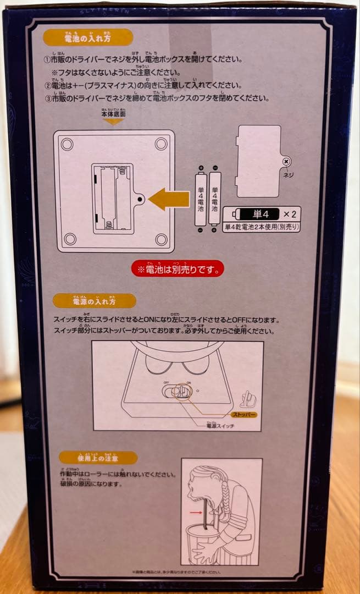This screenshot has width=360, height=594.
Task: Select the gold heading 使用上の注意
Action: tap(99, 458)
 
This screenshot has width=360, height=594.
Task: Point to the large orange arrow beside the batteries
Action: tap(169, 199)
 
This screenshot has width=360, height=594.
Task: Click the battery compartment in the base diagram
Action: tap(113, 199)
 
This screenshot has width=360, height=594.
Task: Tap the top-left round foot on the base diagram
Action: tap(67, 144)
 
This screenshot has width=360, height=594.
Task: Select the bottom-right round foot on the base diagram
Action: tap(160, 239)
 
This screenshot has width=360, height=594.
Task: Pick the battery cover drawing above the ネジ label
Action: tap(258, 161)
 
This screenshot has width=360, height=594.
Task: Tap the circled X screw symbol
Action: tap(286, 161)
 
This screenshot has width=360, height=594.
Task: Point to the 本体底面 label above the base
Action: tap(113, 115)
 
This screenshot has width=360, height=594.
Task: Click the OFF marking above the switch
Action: tap(165, 382)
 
